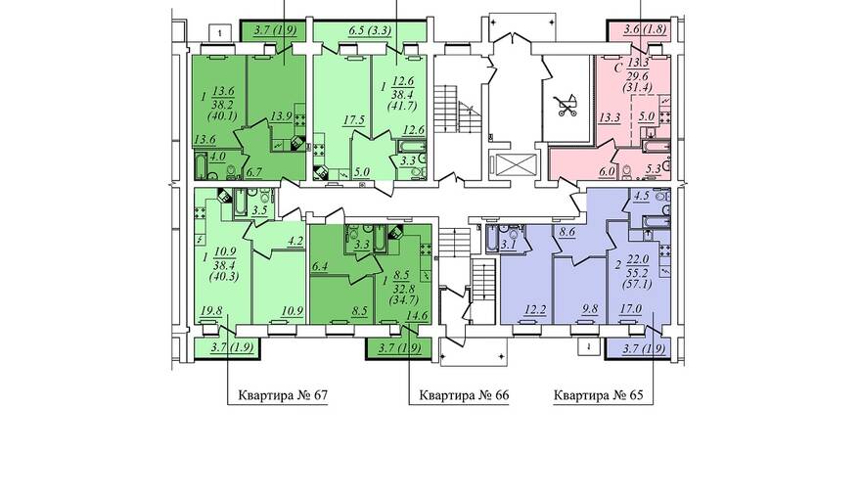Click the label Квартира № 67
tap(283, 395)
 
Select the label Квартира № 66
tap(464, 395)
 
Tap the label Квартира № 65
tap(598, 395)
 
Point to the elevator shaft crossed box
tap(515, 165)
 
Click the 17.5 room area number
tap(353, 120)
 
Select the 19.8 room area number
tap(211, 312)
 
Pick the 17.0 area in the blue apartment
tap(631, 309)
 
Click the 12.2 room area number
tap(535, 310)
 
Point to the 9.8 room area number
tap(590, 310)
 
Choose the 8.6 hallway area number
tap(566, 232)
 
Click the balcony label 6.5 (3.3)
tap(370, 30)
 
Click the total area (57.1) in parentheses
tap(636, 285)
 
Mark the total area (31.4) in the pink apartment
tap(637, 86)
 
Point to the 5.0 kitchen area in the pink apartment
tap(648, 116)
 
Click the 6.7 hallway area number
tap(254, 172)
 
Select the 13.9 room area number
tap(281, 116)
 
